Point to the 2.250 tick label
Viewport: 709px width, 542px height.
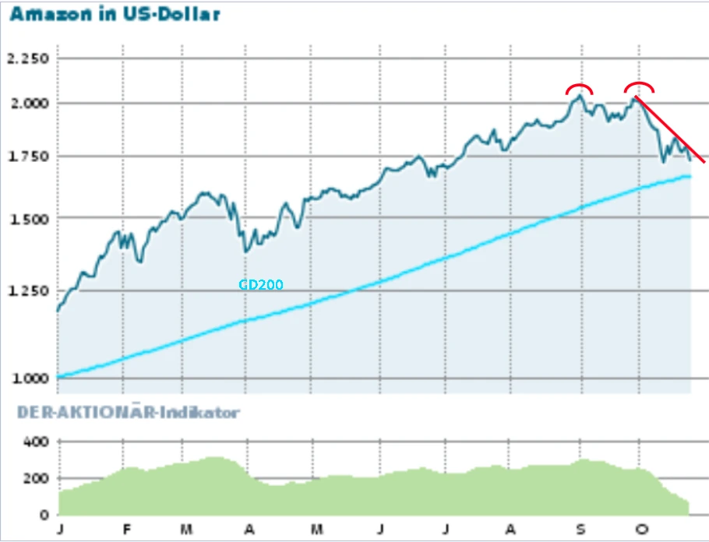tap(26, 59)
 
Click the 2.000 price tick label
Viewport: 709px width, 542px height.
tap(26, 103)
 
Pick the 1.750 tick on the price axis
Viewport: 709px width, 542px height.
tap(26, 157)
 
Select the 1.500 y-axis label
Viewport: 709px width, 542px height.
tap(26, 219)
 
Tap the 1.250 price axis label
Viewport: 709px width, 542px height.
tap(26, 290)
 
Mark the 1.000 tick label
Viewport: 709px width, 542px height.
tap(26, 378)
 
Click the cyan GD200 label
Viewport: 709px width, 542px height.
tap(261, 285)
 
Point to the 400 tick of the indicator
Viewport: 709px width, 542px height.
tap(37, 442)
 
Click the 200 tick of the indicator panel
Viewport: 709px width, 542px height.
tap(37, 479)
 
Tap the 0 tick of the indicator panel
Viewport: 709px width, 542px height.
tap(44, 516)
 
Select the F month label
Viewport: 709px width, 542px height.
tap(126, 530)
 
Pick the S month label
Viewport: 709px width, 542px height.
tap(580, 530)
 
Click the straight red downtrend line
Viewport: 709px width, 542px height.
tap(671, 130)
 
